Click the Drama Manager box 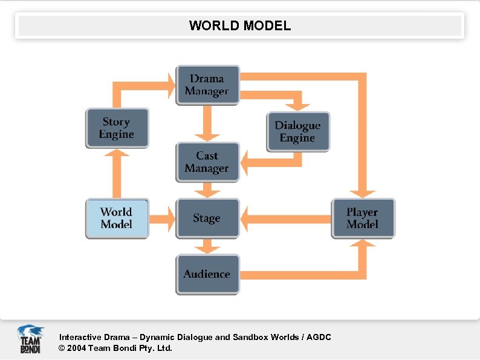pos(207,85)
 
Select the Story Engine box pos(117,128)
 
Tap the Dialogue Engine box pos(297,131)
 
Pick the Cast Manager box pos(207,162)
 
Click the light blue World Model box pos(117,218)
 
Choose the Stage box pos(207,218)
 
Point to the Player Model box pos(362,218)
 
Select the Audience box pos(207,274)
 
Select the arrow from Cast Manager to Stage pos(207,190)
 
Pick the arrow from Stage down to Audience pos(207,246)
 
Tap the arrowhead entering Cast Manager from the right pos(247,162)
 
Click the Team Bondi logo pos(30,339)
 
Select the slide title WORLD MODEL pos(240,26)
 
